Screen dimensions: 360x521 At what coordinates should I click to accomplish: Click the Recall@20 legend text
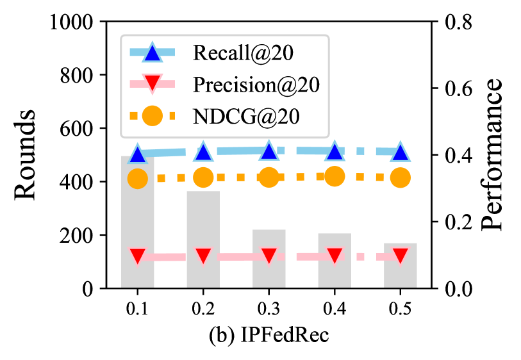click(x=243, y=53)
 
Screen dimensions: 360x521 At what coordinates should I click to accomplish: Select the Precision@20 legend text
click(x=256, y=85)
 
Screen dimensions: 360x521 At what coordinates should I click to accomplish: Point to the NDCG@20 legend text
click(x=246, y=117)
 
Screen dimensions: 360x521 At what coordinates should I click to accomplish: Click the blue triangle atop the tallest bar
click(x=137, y=154)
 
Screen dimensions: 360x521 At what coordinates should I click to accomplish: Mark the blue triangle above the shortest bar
click(x=401, y=152)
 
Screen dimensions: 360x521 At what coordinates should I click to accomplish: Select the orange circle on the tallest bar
click(x=137, y=179)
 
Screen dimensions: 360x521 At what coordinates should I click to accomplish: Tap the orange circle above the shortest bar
click(x=401, y=177)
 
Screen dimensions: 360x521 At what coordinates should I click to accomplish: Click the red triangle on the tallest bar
click(x=137, y=256)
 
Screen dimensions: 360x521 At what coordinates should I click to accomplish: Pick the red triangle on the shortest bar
click(x=401, y=256)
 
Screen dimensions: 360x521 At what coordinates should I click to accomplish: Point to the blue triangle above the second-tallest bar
click(x=203, y=152)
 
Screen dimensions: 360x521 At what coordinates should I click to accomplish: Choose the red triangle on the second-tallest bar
click(x=203, y=256)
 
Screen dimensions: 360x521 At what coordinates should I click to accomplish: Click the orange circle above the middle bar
click(x=269, y=177)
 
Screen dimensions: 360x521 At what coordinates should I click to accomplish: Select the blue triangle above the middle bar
click(x=269, y=151)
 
